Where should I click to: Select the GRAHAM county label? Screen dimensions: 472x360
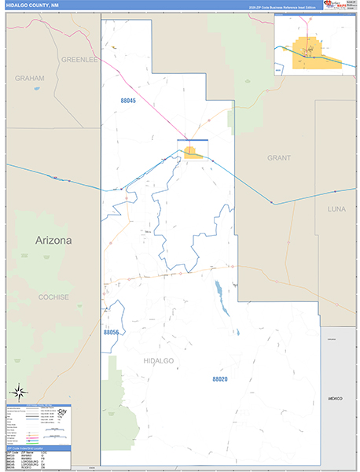click(29, 79)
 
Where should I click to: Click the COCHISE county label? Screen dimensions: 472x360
click(54, 297)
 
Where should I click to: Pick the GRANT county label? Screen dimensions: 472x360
click(278, 158)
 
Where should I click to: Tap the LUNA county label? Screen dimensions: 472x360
click(336, 209)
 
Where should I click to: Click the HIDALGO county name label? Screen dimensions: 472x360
click(158, 360)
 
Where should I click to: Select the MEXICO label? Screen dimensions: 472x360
click(336, 400)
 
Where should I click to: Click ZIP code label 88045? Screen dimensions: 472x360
click(128, 101)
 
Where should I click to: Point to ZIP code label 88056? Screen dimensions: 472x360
click(111, 333)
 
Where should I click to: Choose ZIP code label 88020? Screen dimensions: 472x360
click(220, 378)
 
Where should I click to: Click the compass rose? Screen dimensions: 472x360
click(17, 391)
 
